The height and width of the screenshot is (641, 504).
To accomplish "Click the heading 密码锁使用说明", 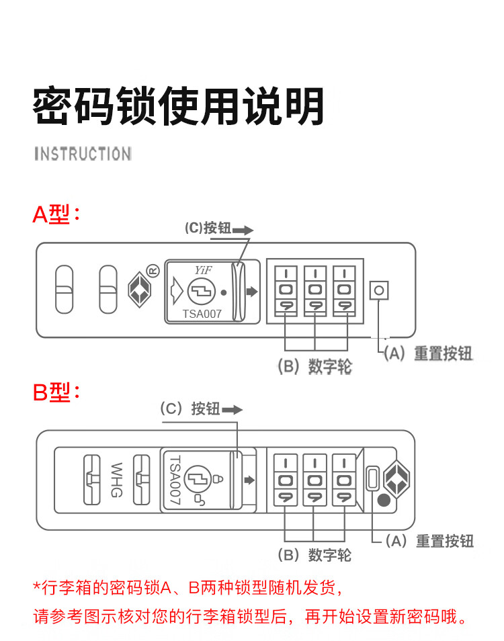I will [x=179, y=106].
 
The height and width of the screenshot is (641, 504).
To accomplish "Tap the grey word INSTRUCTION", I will [x=83, y=155].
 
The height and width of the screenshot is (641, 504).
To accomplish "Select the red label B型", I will [x=56, y=392].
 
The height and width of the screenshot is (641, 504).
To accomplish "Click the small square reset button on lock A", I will [x=379, y=291].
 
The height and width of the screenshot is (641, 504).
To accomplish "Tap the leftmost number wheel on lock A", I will [x=285, y=290].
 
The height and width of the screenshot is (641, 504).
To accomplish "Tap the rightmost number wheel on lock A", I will [x=343, y=290].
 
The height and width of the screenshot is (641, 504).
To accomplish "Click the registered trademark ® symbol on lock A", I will [x=152, y=271].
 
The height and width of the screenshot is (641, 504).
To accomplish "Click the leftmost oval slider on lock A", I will [x=64, y=290].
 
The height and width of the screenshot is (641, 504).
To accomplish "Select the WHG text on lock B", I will [x=116, y=479].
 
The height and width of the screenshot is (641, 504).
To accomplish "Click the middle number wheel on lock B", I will [x=314, y=480].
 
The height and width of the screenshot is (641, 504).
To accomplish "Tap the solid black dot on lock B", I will [x=384, y=500].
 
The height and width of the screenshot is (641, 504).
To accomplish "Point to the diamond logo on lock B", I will [x=395, y=478].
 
